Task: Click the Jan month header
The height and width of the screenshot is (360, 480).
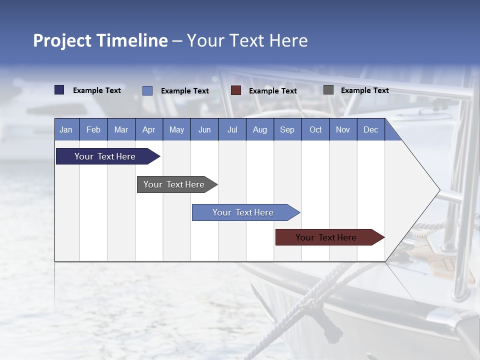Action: coord(66,129)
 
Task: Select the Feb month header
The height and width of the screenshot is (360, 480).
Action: coord(93,129)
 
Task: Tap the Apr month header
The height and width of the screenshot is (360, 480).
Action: coord(148,129)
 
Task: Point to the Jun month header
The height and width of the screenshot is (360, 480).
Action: coord(204,129)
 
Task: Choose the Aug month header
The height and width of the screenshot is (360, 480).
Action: coord(259,129)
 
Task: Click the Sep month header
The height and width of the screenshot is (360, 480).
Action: coord(287,129)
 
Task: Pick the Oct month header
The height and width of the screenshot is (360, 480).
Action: coord(315,129)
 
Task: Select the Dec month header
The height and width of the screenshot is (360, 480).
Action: coord(370,129)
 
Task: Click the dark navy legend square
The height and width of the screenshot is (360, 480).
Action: coord(59,90)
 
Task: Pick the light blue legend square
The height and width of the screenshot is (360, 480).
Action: coord(147,90)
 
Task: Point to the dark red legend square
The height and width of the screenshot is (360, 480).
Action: coord(236,90)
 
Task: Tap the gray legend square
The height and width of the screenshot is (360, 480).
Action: coord(328,90)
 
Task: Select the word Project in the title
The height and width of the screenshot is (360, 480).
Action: coord(62,40)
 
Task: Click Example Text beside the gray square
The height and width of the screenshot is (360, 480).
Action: coord(364,90)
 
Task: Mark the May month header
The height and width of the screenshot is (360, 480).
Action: coord(176,129)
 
